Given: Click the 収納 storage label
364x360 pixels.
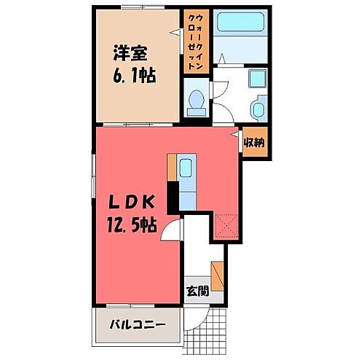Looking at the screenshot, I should click(x=253, y=143).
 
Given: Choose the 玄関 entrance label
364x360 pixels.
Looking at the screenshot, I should click(x=196, y=292).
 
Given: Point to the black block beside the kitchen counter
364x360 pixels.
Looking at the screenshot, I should click(x=173, y=196).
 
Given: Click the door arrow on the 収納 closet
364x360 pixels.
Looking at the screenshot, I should click(x=236, y=136).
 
